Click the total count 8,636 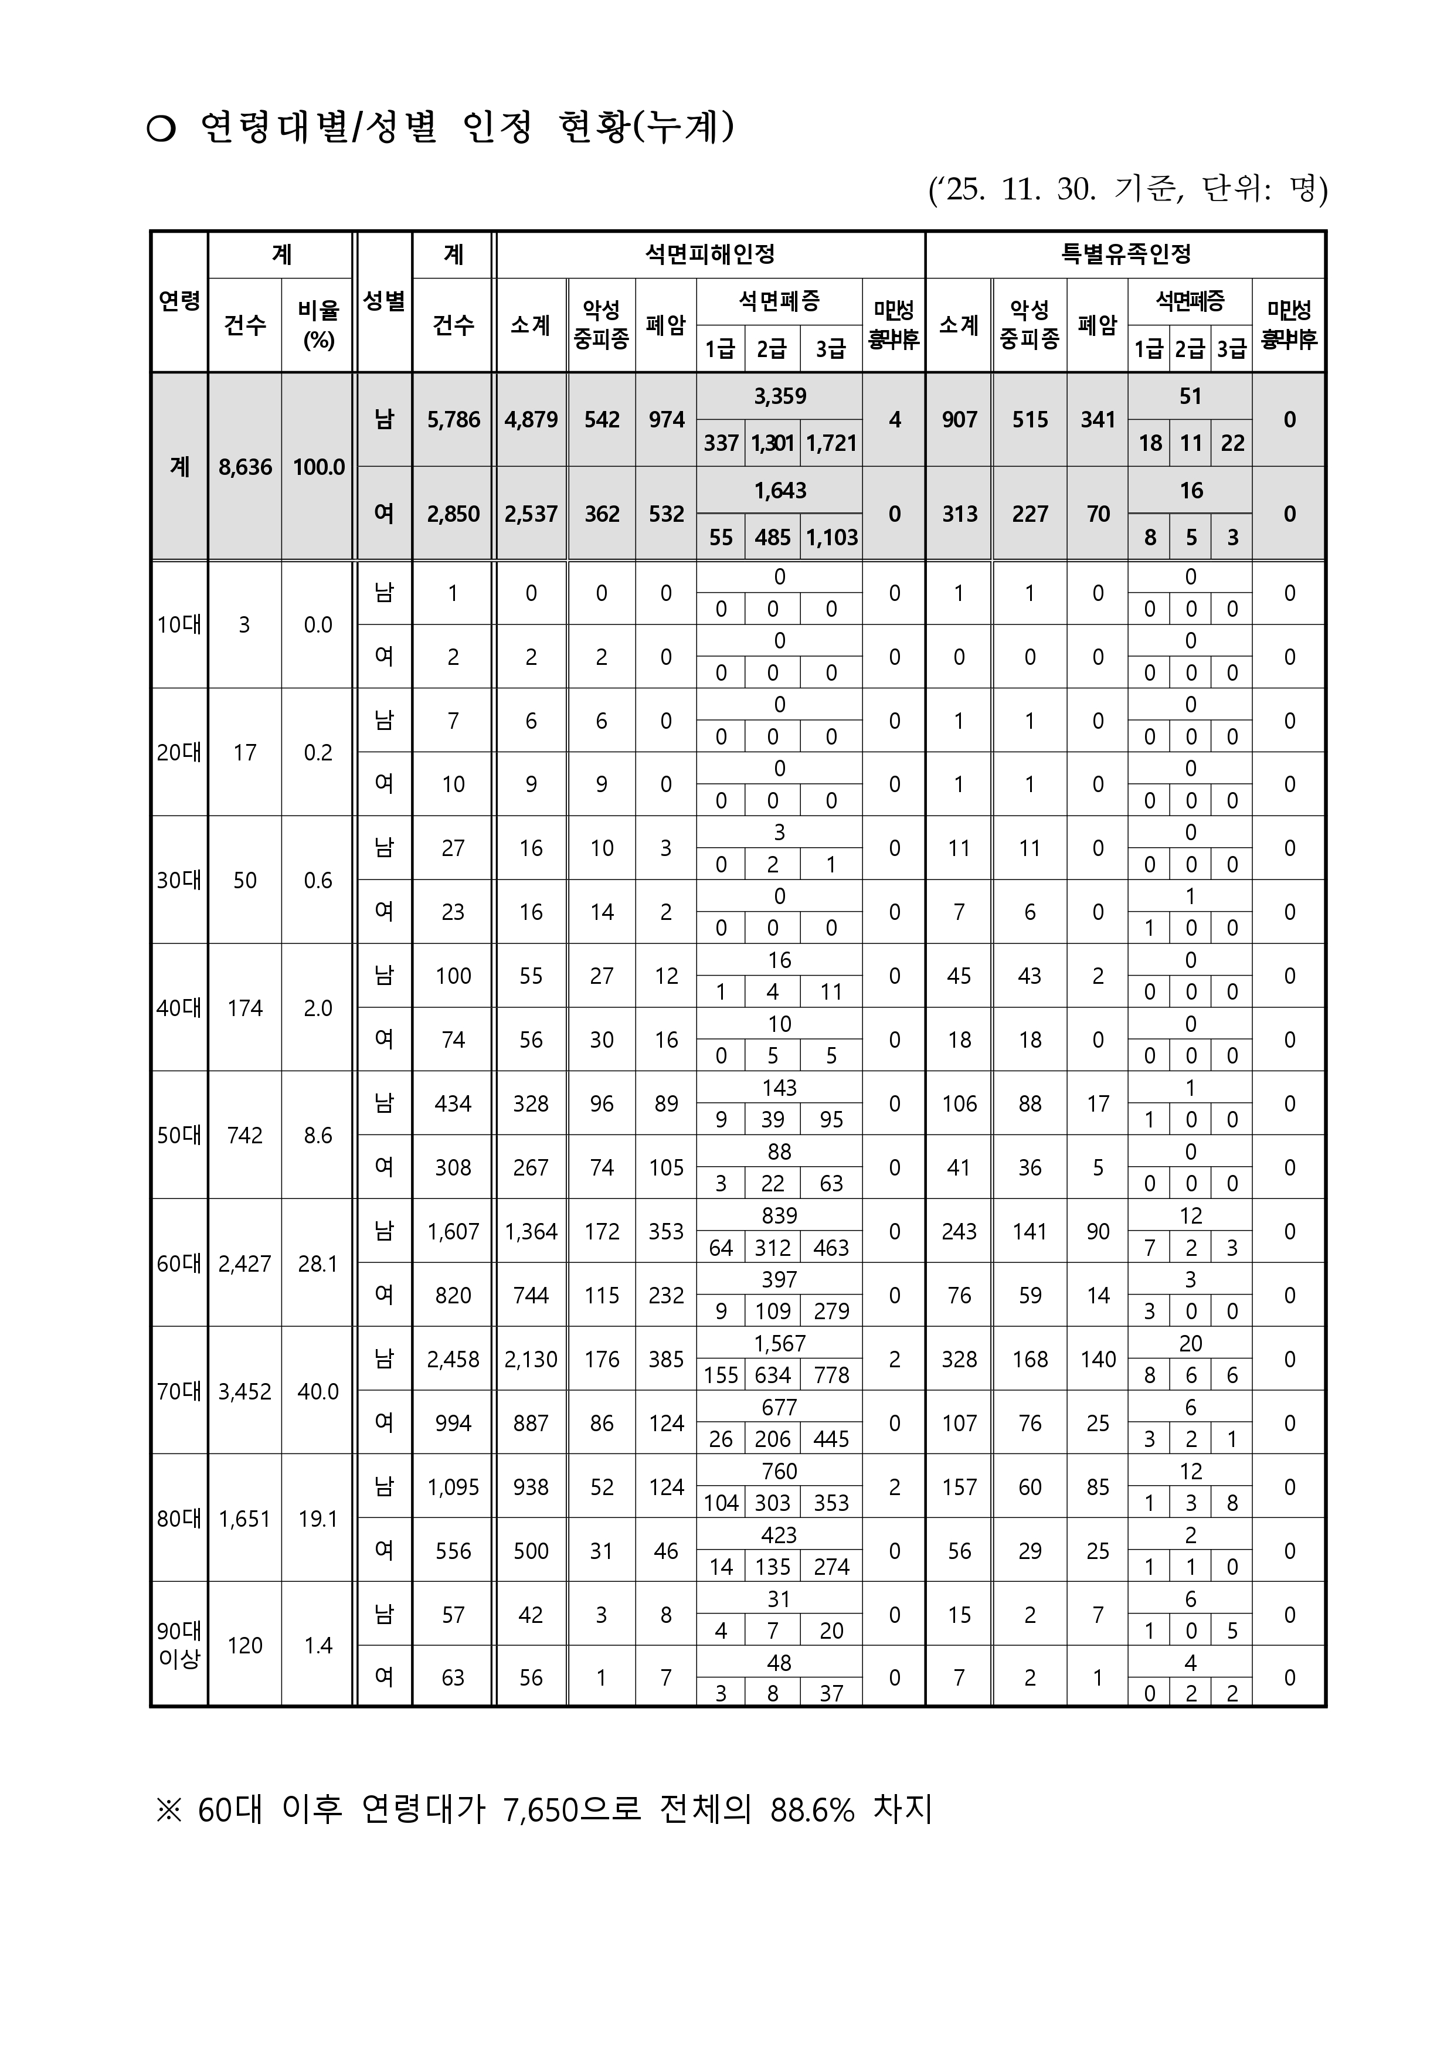pyautogui.click(x=244, y=467)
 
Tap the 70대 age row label pyautogui.click(x=179, y=1391)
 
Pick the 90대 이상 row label pyautogui.click(x=179, y=1645)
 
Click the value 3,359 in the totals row pyautogui.click(x=780, y=396)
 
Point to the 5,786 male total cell pyautogui.click(x=453, y=419)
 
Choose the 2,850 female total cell pyautogui.click(x=453, y=514)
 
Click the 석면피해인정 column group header pyautogui.click(x=710, y=254)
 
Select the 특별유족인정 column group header pyautogui.click(x=1126, y=254)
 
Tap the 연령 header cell pyautogui.click(x=179, y=301)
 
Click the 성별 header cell pyautogui.click(x=384, y=301)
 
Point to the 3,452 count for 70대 pyautogui.click(x=244, y=1391)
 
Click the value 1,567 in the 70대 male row pyautogui.click(x=780, y=1343)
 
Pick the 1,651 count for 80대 pyautogui.click(x=244, y=1519)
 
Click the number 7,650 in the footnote pyautogui.click(x=540, y=1810)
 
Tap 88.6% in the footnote pyautogui.click(x=812, y=1810)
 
